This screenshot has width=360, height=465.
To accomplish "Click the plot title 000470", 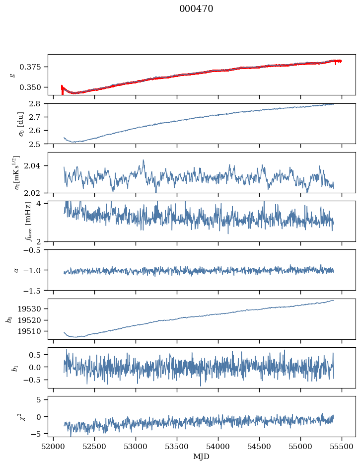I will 196,9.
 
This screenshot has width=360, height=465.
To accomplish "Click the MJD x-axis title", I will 202,457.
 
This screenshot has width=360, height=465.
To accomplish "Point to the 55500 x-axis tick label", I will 342,446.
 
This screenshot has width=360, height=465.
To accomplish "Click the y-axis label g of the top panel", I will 12,75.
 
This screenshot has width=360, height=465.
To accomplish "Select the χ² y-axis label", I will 12,417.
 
